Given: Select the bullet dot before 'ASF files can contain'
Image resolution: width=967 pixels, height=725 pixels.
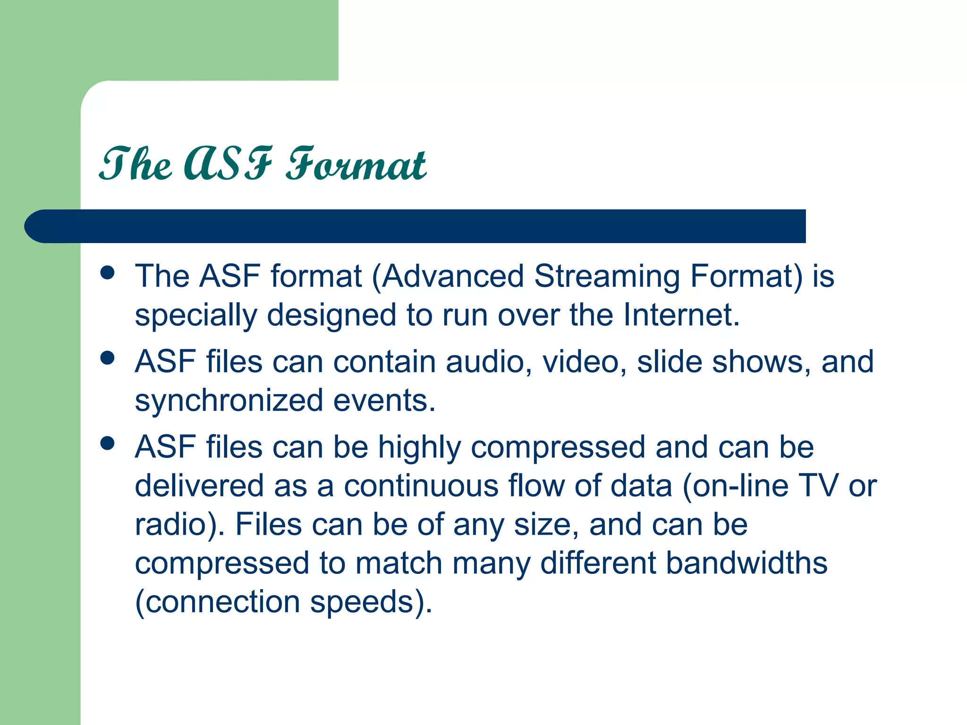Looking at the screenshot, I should [108, 358].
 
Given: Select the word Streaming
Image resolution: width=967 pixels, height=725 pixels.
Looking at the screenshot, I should [607, 278].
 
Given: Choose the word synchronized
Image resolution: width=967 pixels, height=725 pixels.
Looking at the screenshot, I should [229, 401].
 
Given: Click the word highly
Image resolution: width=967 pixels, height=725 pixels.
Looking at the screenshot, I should [419, 448].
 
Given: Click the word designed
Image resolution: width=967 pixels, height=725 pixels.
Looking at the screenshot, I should [331, 316].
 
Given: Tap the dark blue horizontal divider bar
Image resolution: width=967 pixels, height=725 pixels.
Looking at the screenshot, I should [425, 226].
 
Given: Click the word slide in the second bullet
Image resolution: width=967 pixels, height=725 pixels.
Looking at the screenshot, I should [669, 362].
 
